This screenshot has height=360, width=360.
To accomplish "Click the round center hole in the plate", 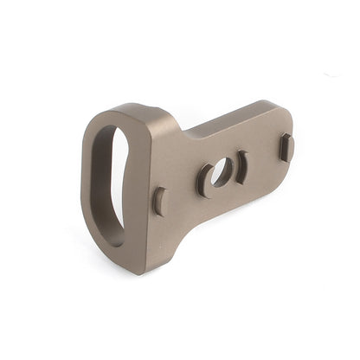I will point(221,171).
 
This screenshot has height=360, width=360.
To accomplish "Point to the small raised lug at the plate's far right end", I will point(286,147).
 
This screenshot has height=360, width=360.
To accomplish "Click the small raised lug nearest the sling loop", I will point(158,202).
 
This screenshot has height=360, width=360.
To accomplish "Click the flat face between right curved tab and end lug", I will point(263,156).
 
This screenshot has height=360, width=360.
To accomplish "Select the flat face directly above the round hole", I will point(216,143).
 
